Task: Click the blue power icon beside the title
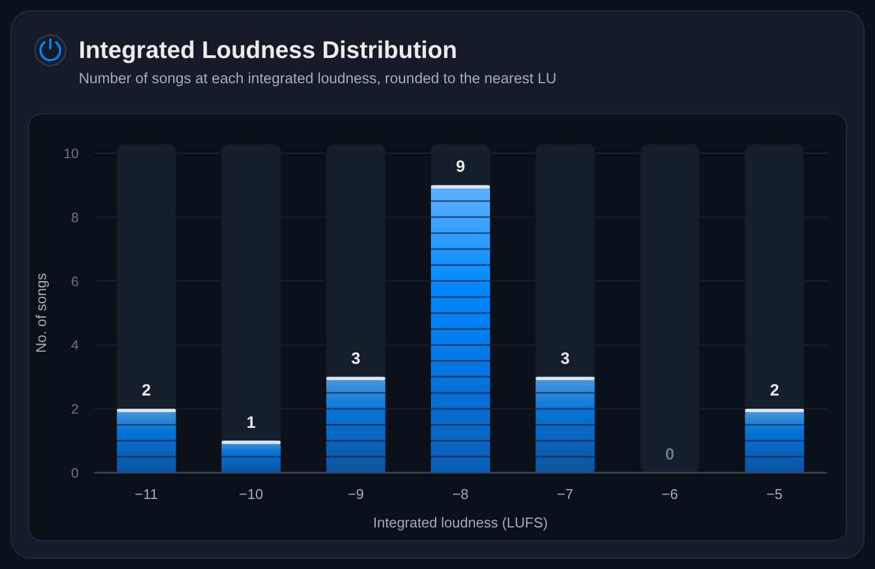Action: (x=50, y=50)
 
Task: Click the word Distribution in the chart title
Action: (x=389, y=50)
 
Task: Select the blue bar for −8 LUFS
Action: (x=460, y=329)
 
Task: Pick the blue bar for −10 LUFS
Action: (x=251, y=457)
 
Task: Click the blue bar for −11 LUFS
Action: (x=146, y=441)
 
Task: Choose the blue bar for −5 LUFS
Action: (x=774, y=441)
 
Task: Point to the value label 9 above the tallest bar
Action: (x=460, y=166)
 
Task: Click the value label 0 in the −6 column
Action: (x=669, y=454)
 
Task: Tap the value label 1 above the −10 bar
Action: (x=251, y=422)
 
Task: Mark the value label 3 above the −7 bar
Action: (x=565, y=358)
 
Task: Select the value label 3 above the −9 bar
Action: (x=355, y=358)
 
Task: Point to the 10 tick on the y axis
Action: (x=71, y=154)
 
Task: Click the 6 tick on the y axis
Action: (x=74, y=281)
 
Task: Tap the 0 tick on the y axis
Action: (x=74, y=473)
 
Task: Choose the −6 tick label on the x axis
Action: (x=669, y=495)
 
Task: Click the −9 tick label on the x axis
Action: (x=355, y=495)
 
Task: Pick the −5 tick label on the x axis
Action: (x=774, y=495)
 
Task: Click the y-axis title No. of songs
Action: (x=42, y=312)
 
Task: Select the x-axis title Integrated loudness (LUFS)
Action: (x=460, y=523)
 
